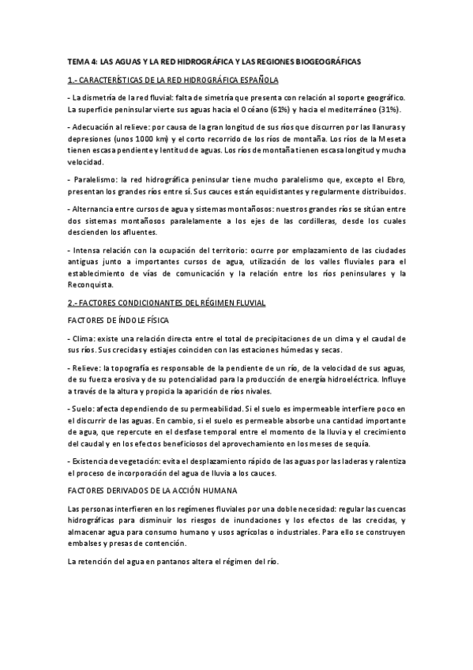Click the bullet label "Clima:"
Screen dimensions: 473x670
(x=84, y=338)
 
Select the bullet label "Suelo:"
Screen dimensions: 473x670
(x=84, y=408)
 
